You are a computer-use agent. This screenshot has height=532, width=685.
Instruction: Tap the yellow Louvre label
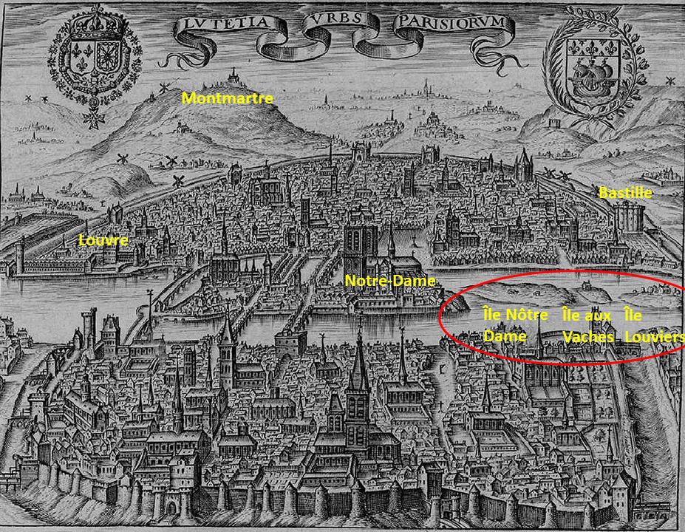tap(103, 240)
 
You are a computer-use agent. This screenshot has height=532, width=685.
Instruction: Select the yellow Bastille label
tap(625, 193)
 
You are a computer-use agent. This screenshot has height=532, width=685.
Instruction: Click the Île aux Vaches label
tap(587, 325)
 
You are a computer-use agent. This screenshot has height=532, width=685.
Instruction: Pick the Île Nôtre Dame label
tap(515, 325)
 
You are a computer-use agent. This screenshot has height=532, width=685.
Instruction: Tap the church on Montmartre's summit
tap(235, 76)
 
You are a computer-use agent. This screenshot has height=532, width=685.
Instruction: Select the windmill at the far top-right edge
tap(670, 81)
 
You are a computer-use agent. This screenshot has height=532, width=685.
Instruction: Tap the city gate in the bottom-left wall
tap(171, 505)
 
